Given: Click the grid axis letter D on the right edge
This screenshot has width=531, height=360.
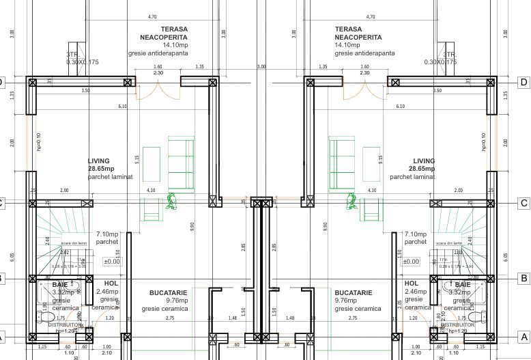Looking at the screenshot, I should point(523,82).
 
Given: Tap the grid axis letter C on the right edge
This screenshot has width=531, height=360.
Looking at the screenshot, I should point(523,203).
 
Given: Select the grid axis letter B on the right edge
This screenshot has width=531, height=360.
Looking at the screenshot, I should point(523,278).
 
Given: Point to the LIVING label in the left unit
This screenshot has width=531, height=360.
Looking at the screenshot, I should point(99,161).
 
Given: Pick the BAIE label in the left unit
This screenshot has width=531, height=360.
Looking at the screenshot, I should point(60,284).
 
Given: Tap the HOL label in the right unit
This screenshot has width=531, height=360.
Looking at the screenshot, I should point(412,283).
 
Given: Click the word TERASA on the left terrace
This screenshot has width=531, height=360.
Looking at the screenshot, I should point(175,29).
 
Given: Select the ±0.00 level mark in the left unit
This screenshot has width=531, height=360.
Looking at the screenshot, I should point(112,261).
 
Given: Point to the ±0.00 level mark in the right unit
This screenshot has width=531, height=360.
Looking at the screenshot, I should point(411,261).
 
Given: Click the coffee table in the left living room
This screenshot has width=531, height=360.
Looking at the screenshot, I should point(151,164).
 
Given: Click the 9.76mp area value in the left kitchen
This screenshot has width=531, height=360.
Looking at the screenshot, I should point(164,301).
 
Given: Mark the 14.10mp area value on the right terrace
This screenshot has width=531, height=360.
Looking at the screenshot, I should point(348,45).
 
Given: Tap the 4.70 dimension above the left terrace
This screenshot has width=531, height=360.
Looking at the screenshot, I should point(152,16).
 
